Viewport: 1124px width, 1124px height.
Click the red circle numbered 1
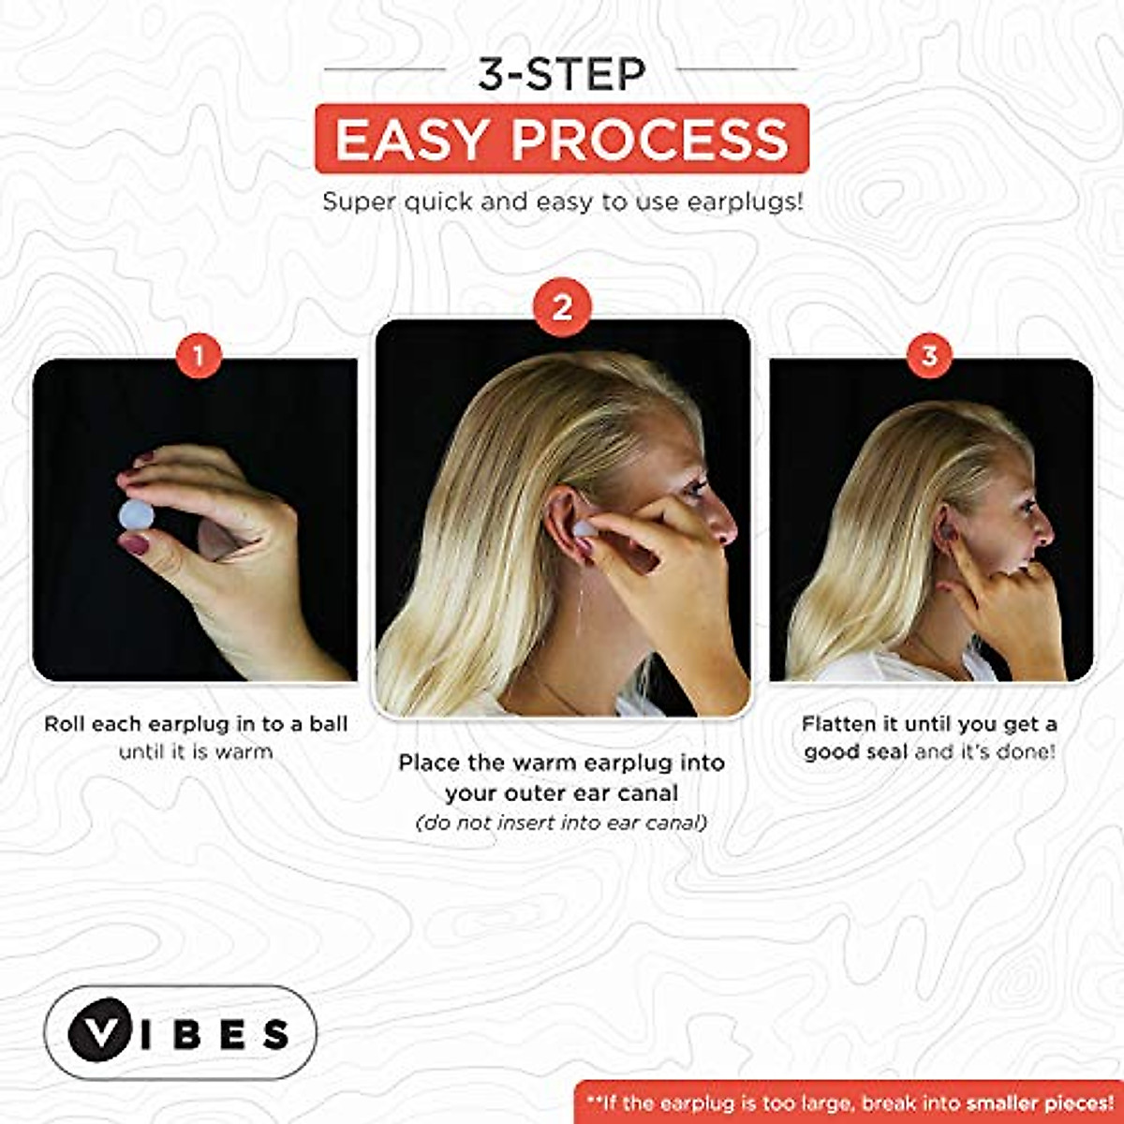pyautogui.click(x=199, y=356)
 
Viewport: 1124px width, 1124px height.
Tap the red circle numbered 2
pyautogui.click(x=562, y=307)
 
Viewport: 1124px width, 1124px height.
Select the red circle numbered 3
pyautogui.click(x=929, y=356)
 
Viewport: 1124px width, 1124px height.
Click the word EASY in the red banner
pyautogui.click(x=411, y=140)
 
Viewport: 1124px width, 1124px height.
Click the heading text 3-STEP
pyautogui.click(x=561, y=74)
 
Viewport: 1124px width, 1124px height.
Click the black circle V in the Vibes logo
pyautogui.click(x=96, y=1032)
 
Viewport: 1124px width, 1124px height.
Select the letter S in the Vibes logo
pyautogui.click(x=275, y=1034)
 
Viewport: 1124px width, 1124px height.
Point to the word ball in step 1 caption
pyautogui.click(x=327, y=724)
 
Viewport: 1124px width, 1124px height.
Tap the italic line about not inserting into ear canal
pyautogui.click(x=561, y=823)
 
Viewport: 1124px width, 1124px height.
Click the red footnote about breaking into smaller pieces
pyautogui.click(x=849, y=1103)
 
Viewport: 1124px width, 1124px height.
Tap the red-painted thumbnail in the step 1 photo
pyautogui.click(x=134, y=544)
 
